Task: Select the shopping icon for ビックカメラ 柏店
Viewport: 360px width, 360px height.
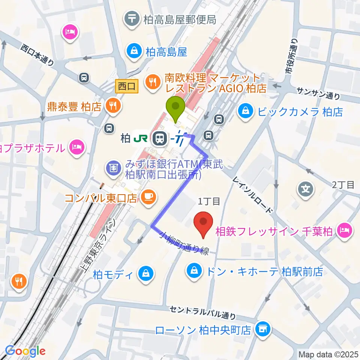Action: click(245, 111)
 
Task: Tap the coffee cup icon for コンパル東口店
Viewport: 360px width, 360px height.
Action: click(147, 196)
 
